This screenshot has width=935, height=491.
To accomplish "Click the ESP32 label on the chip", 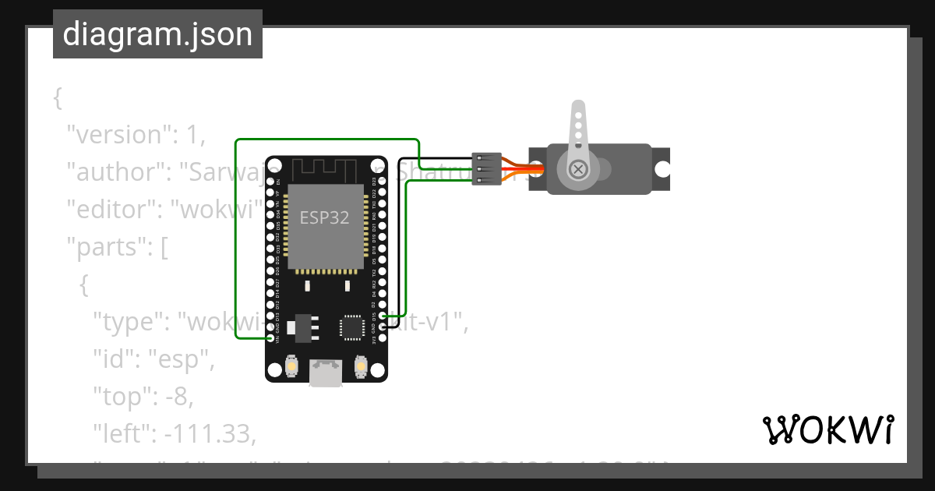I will (325, 217).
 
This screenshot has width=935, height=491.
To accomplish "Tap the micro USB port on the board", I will (325, 373).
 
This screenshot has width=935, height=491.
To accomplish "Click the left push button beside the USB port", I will (291, 366).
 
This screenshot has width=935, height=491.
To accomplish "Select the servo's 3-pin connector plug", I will (486, 169).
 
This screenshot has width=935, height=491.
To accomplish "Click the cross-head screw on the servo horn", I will (577, 169).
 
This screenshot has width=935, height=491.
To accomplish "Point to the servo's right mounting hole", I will (662, 168).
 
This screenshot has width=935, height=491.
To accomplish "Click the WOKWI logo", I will (827, 429).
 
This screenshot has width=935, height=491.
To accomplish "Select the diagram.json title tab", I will (157, 34).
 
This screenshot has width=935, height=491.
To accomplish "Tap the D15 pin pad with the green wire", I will (382, 316).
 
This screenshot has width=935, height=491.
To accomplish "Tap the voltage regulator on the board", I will (301, 327).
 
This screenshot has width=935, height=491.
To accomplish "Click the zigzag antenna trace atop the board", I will (325, 167).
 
